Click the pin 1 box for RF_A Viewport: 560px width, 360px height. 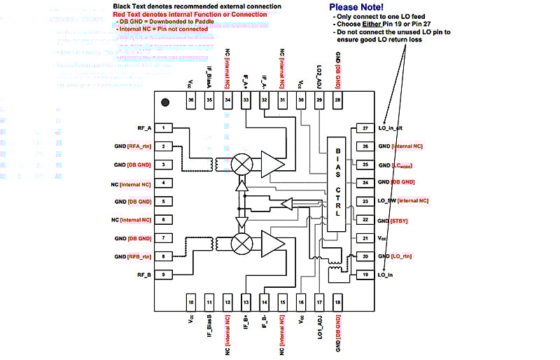click(x=163, y=128)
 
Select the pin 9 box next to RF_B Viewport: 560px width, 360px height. click(x=163, y=275)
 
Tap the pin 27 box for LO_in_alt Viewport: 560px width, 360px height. click(x=365, y=128)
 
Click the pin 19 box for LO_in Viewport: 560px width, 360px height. click(x=365, y=275)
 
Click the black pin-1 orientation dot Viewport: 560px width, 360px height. click(x=165, y=102)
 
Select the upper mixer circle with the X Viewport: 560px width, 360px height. click(x=242, y=164)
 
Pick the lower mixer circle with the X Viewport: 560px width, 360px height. click(x=242, y=244)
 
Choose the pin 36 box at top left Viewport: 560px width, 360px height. click(x=191, y=101)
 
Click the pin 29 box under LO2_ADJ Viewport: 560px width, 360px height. click(x=319, y=101)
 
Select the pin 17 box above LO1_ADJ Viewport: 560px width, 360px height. click(x=319, y=302)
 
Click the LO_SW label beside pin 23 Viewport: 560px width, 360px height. click(x=388, y=202)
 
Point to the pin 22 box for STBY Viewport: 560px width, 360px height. click(x=365, y=220)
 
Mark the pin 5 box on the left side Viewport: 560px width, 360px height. click(x=163, y=202)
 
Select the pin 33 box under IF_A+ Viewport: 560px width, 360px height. click(x=246, y=101)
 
